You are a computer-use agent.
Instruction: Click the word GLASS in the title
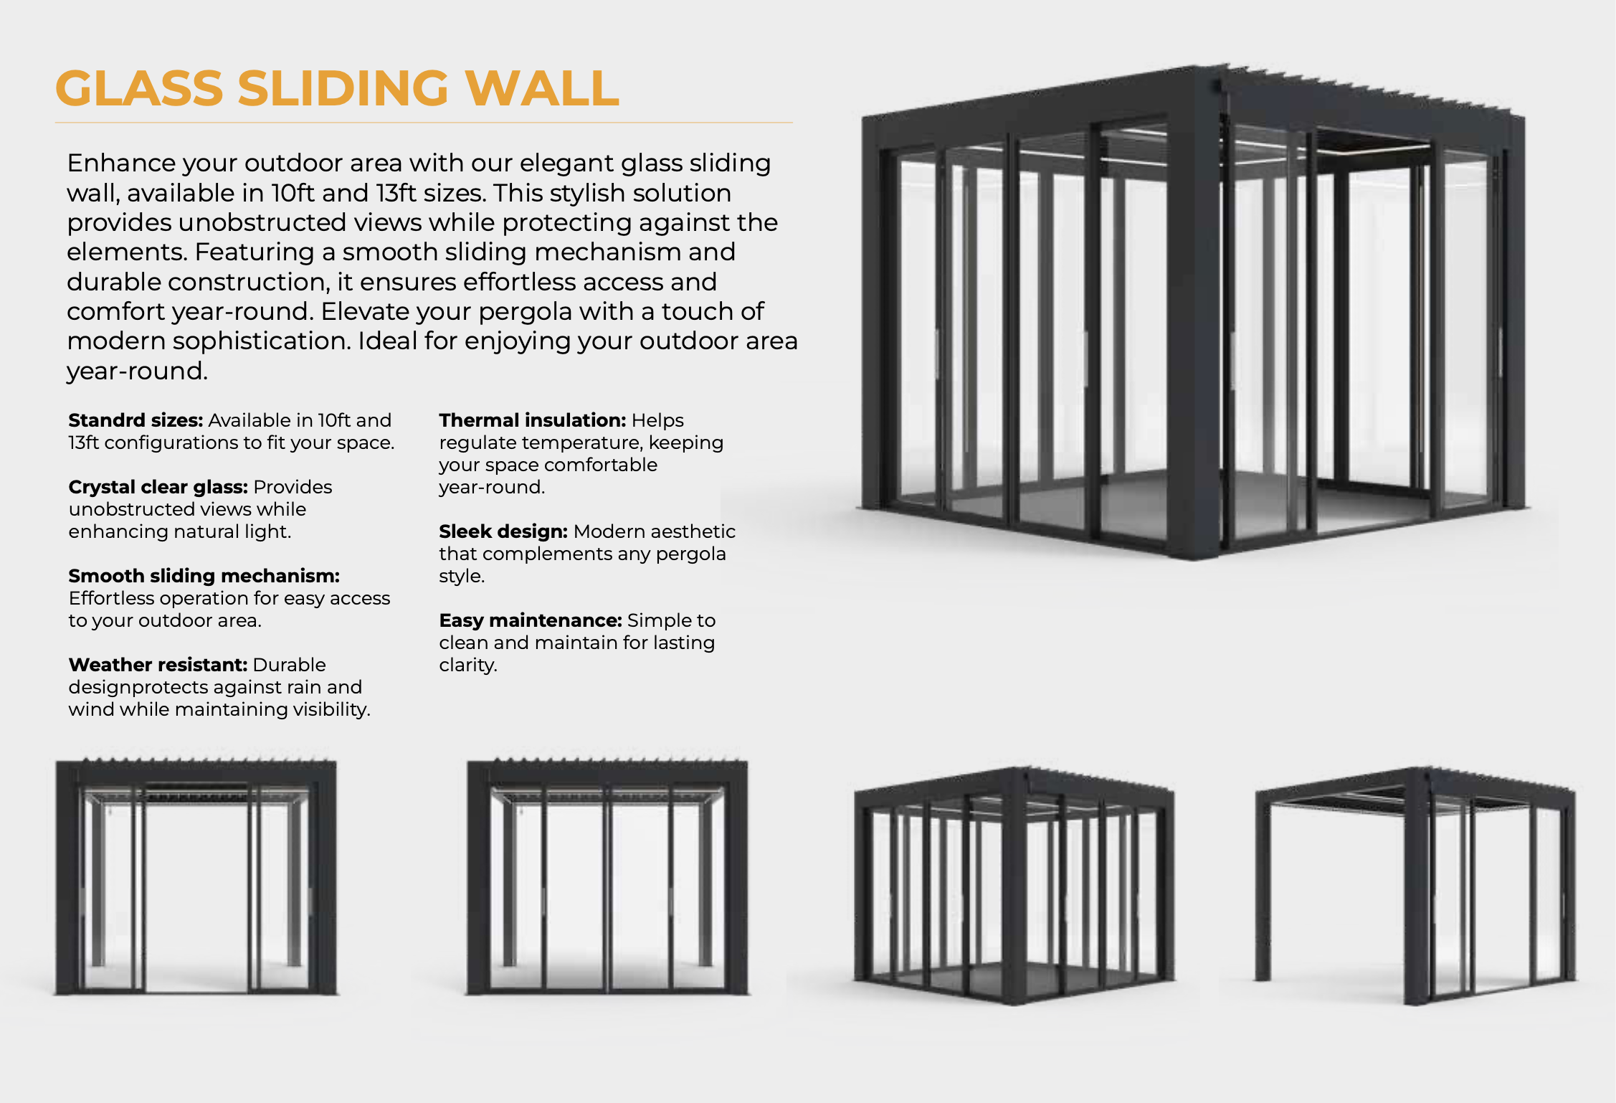point(140,88)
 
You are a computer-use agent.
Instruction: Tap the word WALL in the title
point(542,88)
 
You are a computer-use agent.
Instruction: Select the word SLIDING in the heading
point(343,88)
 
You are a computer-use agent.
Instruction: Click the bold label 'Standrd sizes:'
point(136,420)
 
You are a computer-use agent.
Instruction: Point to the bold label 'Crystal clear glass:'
point(158,487)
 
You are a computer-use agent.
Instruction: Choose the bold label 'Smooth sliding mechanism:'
point(204,576)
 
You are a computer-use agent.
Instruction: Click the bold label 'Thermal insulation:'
point(533,420)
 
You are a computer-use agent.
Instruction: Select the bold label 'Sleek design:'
point(503,531)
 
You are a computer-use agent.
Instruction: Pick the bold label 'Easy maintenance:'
point(531,620)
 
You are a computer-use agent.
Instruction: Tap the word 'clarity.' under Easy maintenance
point(468,665)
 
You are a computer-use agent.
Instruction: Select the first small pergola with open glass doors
point(196,876)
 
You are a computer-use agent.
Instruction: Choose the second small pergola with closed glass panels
point(607,876)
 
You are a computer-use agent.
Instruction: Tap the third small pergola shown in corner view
point(1014,886)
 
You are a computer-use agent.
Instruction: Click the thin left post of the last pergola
point(1263,889)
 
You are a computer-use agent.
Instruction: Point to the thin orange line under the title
point(424,123)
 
